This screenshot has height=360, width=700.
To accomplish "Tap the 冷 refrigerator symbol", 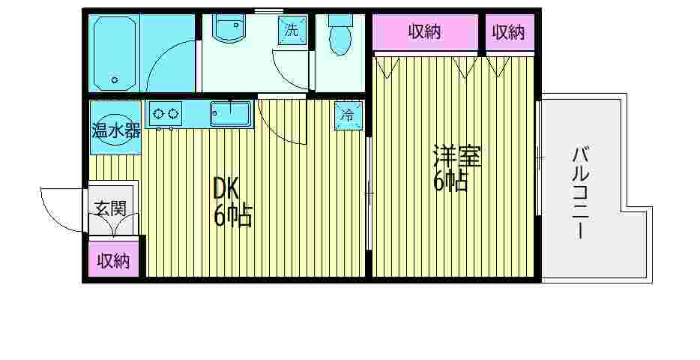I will coord(347,115).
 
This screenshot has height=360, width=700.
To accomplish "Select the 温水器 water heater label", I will coord(115,130).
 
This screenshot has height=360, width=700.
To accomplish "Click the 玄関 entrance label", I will coord(110,208).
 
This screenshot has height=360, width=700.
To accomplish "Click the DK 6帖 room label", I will coord(232,202).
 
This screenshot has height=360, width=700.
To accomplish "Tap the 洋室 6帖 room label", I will coord(456,169).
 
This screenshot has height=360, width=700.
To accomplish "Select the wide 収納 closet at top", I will coord(425,32).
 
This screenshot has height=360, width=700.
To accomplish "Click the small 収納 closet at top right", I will coord(509,32).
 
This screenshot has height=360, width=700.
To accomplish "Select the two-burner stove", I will coord(166,114).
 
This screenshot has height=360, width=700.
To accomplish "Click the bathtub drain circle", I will coord(115,78).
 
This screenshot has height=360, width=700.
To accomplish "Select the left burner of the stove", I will coord(158,114).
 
